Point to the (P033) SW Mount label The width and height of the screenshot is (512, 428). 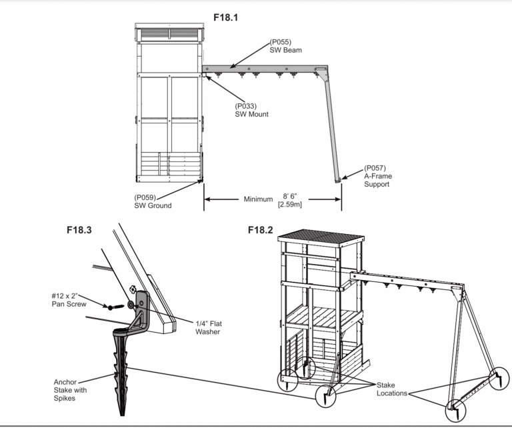[x=250, y=109]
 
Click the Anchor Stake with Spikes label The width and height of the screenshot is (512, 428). [x=71, y=391]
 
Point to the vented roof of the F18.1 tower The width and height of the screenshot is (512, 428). [x=169, y=33]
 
